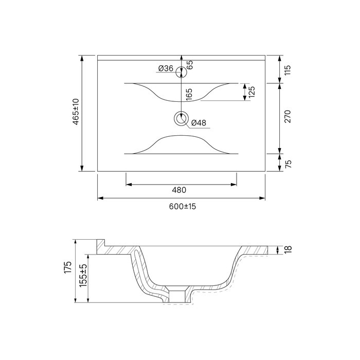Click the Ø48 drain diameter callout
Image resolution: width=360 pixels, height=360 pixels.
tap(199, 123)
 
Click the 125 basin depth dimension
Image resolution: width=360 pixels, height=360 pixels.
tap(253, 92)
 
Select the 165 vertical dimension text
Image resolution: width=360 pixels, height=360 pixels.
tap(189, 95)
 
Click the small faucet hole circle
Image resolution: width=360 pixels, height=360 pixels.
tap(180, 72)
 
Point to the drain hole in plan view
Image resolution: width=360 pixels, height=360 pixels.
tap(181, 119)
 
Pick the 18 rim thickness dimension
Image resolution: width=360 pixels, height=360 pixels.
tap(288, 249)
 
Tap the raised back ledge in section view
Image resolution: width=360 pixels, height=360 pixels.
tap(101, 243)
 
